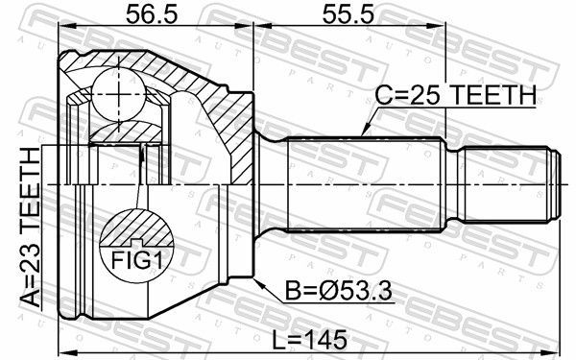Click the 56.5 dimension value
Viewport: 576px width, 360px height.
click(x=152, y=15)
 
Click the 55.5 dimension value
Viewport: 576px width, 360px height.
click(x=348, y=15)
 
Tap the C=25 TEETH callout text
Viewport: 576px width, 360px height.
click(x=455, y=95)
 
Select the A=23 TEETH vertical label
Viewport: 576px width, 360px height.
click(x=30, y=227)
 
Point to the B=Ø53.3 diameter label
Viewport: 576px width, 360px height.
click(x=338, y=292)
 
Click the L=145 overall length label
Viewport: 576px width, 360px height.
click(x=309, y=339)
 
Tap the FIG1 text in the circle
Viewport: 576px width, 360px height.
click(x=136, y=260)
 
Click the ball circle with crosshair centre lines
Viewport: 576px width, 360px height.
click(x=118, y=94)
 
